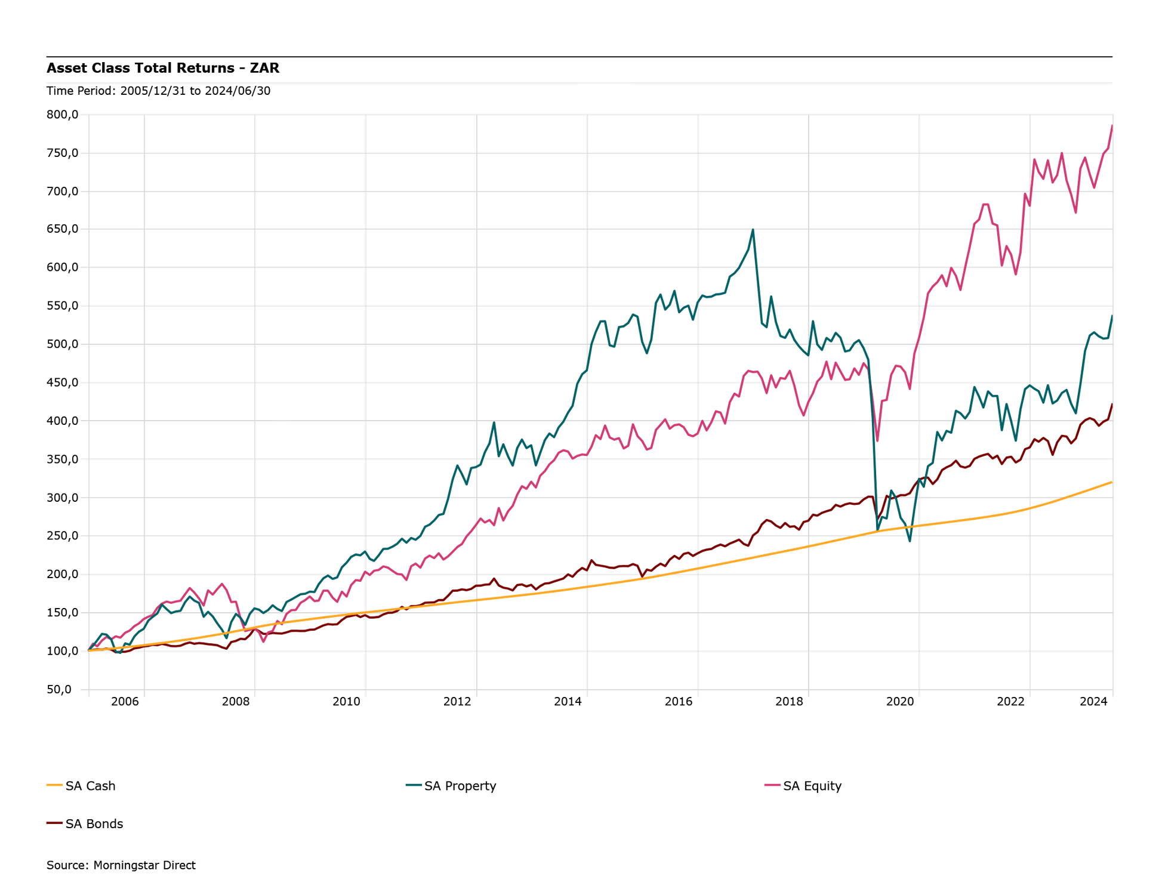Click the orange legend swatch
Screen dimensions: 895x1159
pyautogui.click(x=55, y=785)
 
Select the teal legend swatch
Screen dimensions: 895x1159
pyautogui.click(x=414, y=785)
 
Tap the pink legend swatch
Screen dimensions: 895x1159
pyautogui.click(x=773, y=785)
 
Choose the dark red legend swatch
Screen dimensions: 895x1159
pyautogui.click(x=55, y=823)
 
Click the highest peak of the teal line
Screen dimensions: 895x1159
pyautogui.click(x=753, y=230)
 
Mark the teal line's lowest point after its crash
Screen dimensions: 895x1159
pyautogui.click(x=910, y=541)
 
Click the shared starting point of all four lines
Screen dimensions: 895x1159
pyautogui.click(x=89, y=650)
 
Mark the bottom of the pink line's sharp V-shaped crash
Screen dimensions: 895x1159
pyautogui.click(x=877, y=441)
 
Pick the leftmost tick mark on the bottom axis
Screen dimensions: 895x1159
pyautogui.click(x=89, y=694)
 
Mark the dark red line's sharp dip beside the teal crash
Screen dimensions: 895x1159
pyautogui.click(x=879, y=517)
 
